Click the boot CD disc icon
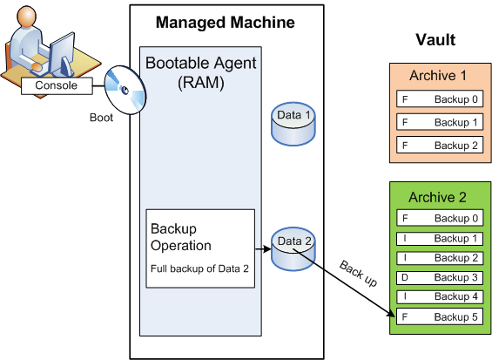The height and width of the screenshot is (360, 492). (125, 90)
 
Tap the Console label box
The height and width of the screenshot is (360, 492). (57, 85)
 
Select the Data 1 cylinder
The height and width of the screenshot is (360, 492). (293, 124)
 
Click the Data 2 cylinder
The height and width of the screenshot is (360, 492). (293, 249)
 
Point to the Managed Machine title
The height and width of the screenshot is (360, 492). (226, 23)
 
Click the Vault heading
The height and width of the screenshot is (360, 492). (435, 40)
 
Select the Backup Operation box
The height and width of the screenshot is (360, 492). (200, 248)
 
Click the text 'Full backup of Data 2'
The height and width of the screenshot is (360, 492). (199, 268)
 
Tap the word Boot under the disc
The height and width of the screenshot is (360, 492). (101, 118)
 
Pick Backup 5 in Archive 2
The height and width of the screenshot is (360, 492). (440, 316)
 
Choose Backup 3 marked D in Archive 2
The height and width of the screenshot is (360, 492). (440, 278)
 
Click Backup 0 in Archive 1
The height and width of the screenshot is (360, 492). (440, 99)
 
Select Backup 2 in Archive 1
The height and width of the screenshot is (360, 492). (440, 145)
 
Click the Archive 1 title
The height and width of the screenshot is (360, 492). (438, 75)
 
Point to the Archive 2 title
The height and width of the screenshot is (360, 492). (437, 197)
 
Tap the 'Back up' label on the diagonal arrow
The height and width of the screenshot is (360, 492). (358, 274)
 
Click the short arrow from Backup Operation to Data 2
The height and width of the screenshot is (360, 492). (263, 249)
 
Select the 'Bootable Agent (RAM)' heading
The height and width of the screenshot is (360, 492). (201, 72)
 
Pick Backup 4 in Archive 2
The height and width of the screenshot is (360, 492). (440, 296)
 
